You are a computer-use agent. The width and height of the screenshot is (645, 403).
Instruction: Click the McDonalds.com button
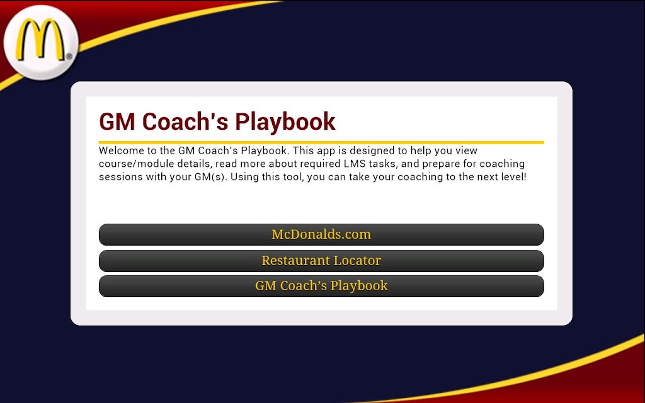click(x=321, y=234)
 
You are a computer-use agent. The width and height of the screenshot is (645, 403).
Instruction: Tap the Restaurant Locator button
click(x=321, y=261)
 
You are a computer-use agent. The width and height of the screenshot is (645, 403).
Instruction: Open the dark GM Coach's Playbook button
click(x=321, y=287)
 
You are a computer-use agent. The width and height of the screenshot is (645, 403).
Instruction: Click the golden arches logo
click(x=40, y=40)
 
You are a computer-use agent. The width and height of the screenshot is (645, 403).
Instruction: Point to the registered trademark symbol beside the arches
click(x=69, y=56)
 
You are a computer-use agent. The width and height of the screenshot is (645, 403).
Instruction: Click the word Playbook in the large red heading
click(x=285, y=122)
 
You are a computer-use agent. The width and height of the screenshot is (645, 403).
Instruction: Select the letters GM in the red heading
click(x=117, y=122)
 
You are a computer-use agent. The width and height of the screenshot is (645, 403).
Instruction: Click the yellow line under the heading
click(x=321, y=143)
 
